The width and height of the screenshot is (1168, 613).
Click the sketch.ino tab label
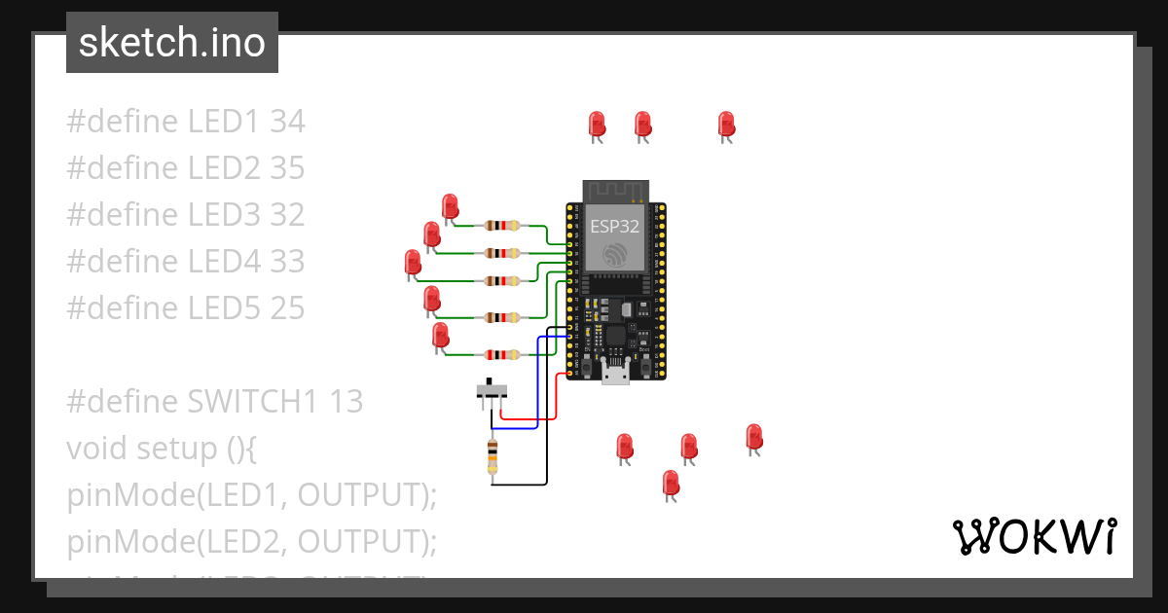(172, 43)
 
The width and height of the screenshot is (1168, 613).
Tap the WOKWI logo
(1034, 536)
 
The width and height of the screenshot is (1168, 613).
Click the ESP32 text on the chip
(615, 228)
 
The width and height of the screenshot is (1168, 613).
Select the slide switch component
(492, 391)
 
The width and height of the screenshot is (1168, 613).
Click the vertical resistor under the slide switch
(493, 457)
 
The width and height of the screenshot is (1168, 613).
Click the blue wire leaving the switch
(516, 427)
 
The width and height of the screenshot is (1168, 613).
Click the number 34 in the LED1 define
(287, 122)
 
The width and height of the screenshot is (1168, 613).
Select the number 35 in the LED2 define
(287, 168)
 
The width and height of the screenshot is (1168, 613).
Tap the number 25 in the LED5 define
(287, 308)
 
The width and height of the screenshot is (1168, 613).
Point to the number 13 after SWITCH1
(346, 402)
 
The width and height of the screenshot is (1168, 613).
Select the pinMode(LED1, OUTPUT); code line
(252, 495)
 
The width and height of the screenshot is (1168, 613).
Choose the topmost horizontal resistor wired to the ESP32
(500, 226)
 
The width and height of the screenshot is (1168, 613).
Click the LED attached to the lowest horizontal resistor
(440, 336)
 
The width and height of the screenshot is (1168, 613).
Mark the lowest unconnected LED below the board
(670, 484)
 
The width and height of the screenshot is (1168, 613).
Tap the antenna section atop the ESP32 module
(615, 191)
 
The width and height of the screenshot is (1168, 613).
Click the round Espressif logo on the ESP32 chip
(615, 255)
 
